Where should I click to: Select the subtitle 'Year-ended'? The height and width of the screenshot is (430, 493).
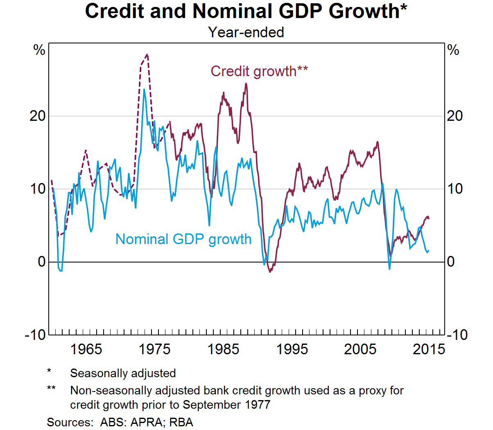246,32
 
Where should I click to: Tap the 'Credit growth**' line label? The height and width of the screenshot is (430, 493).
259,71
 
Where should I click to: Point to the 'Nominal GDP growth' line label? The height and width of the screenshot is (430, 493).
183,239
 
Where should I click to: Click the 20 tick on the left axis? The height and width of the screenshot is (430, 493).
37,116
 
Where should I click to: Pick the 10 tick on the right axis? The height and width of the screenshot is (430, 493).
455,189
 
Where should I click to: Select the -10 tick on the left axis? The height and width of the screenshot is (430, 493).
35,335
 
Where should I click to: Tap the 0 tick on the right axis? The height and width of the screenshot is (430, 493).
451,262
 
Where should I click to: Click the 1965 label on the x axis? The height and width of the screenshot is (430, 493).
86,349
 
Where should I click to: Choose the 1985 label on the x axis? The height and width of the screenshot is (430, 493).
223,349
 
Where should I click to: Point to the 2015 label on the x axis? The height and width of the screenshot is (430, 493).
429,349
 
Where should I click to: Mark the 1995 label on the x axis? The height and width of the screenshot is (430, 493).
292,349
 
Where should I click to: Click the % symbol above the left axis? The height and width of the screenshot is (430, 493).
39,50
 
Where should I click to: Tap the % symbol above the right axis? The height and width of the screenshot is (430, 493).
453,50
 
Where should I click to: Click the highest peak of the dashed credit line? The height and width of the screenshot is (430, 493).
147,54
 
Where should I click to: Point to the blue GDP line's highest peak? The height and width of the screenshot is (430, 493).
144,89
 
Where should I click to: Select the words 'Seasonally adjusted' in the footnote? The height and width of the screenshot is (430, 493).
123,373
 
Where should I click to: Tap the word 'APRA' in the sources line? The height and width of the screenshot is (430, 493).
146,422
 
